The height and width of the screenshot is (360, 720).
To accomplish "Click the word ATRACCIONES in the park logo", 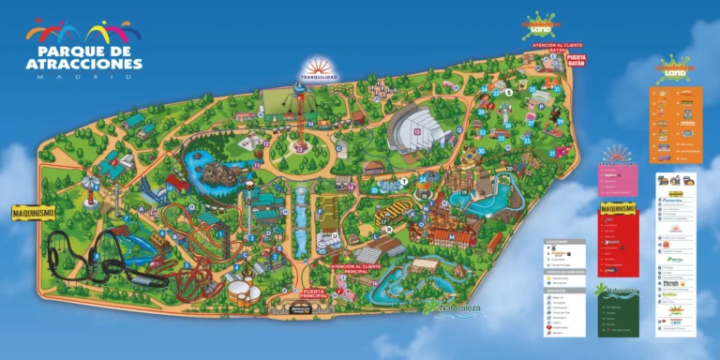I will (x=84, y=63).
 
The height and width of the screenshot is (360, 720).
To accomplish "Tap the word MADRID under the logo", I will (x=84, y=77).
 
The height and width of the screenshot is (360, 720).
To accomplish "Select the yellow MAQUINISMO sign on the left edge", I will (x=33, y=213).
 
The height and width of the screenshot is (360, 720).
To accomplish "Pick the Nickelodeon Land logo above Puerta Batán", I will (x=545, y=23).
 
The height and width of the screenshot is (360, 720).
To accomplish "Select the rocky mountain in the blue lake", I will (x=218, y=173).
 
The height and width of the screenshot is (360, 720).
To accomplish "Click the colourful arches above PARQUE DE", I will (x=85, y=31).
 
